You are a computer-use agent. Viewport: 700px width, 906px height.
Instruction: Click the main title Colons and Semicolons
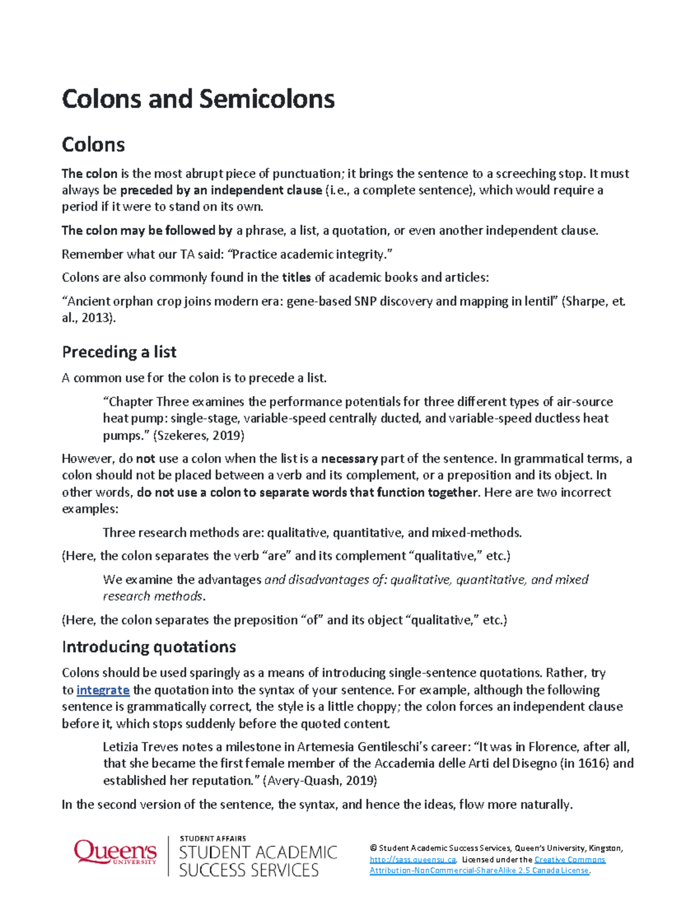click(x=198, y=99)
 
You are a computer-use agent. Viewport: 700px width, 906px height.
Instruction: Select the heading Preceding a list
click(x=119, y=352)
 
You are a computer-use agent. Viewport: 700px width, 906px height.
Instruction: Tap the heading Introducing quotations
click(x=149, y=647)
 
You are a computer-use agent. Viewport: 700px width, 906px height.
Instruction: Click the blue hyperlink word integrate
click(x=103, y=690)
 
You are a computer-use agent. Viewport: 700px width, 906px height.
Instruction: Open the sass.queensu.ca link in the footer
click(x=412, y=859)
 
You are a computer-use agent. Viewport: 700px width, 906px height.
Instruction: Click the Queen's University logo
click(x=115, y=853)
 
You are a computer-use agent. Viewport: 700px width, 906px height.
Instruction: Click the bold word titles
click(x=296, y=278)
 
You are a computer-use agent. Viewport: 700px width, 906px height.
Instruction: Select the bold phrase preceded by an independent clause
click(x=221, y=190)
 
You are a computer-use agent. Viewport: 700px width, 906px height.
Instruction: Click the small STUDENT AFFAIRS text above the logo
click(x=212, y=838)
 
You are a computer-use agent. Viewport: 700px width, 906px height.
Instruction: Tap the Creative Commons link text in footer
click(x=569, y=859)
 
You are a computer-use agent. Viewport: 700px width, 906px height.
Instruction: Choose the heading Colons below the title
click(x=93, y=145)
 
